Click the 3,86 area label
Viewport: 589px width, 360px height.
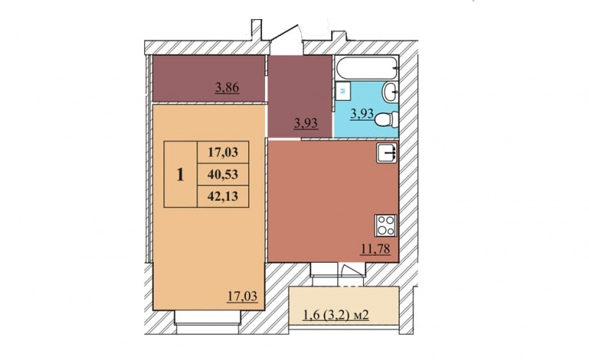click(228, 88)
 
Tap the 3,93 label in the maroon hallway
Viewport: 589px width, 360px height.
click(306, 123)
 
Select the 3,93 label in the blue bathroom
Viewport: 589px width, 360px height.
click(362, 113)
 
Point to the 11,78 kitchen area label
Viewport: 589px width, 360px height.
click(375, 248)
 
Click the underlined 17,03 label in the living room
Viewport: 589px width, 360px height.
click(242, 296)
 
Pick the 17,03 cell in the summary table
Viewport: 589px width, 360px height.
click(223, 152)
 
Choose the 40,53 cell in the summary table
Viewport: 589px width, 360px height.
click(223, 174)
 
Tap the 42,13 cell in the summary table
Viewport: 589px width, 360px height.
click(223, 196)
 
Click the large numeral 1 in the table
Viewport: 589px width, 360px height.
click(180, 174)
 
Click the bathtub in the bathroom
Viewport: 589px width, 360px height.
click(367, 68)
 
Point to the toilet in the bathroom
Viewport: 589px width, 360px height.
click(387, 120)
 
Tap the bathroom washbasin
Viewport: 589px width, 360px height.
click(391, 92)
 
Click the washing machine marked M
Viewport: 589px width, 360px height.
click(342, 91)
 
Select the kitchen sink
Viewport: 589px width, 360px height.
click(387, 153)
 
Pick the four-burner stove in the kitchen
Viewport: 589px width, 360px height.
click(386, 225)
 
